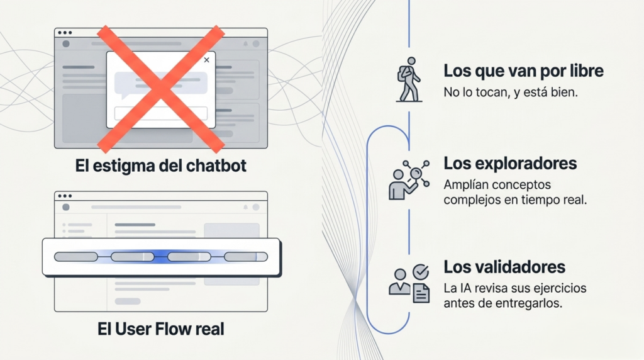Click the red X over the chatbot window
160,89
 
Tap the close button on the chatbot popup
206,60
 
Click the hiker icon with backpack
409,80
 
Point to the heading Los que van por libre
523,70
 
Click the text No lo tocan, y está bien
511,92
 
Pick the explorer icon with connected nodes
409,180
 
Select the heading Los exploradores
510,163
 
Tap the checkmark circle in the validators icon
421,272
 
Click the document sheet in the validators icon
421,293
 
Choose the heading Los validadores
504,267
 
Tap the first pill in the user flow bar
76,257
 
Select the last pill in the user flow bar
246,257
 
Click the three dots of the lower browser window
65,196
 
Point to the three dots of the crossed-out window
65,33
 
